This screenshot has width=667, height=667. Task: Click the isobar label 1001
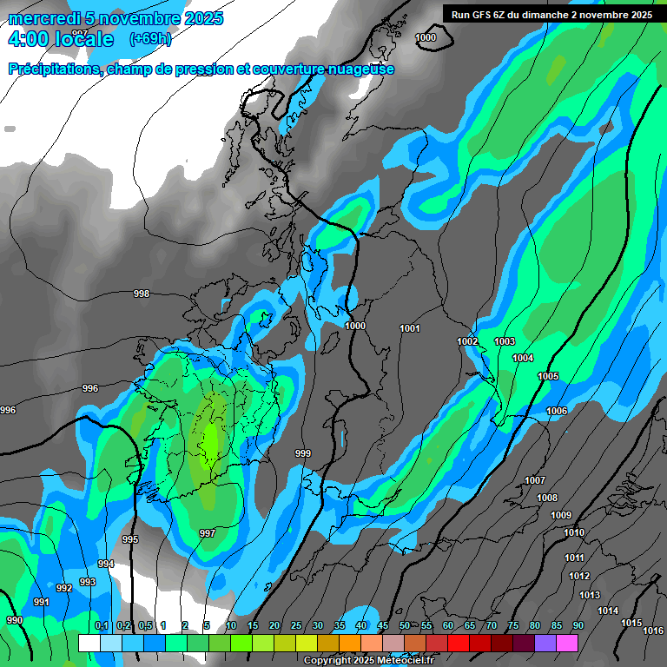[x=410, y=328]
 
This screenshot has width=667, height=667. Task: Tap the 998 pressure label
[x=142, y=294]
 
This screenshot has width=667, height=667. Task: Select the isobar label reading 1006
[x=557, y=411]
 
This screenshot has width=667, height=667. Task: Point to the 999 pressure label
[x=303, y=453]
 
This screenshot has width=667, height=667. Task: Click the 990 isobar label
[x=15, y=620]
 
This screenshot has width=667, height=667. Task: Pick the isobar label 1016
[x=653, y=631]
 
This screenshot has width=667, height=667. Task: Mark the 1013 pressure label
[x=590, y=595]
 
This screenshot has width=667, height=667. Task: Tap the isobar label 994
[x=106, y=564]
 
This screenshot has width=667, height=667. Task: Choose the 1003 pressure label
[x=505, y=341]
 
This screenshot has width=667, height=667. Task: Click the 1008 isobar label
[x=547, y=498]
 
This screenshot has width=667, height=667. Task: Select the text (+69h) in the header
[x=149, y=39]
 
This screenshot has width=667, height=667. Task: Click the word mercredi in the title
[x=43, y=18]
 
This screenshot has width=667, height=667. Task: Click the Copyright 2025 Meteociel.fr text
[x=368, y=660]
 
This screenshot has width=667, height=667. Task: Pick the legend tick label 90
[x=578, y=626]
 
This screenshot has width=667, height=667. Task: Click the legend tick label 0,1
[x=101, y=626]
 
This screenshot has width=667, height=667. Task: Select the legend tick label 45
[x=383, y=626]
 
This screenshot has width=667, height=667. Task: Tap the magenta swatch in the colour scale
[x=567, y=643]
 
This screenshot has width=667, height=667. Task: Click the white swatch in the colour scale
[x=89, y=643]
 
